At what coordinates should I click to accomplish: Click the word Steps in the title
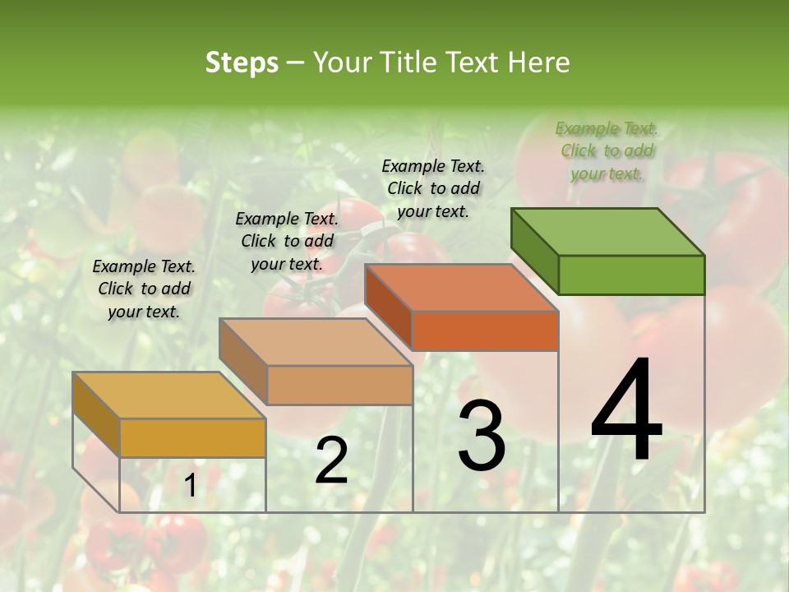pos(242,62)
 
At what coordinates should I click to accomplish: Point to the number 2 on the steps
pos(331,460)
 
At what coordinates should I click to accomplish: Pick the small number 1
pos(190,486)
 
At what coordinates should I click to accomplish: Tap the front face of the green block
pos(631,275)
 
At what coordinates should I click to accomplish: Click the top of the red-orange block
pos(461,288)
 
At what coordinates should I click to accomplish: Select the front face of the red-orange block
pos(485,331)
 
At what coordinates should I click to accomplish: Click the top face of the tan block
pos(316,342)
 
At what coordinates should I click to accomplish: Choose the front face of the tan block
pos(339,385)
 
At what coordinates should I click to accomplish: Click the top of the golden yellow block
pos(169,395)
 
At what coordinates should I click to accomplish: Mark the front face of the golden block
pos(192,437)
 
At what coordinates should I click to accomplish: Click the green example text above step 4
pos(607,150)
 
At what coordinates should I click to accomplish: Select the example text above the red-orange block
pos(433,188)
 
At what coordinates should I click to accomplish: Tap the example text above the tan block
pos(287,241)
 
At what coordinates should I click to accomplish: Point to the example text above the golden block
pos(144,289)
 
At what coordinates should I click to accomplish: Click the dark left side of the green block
pos(534,250)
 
